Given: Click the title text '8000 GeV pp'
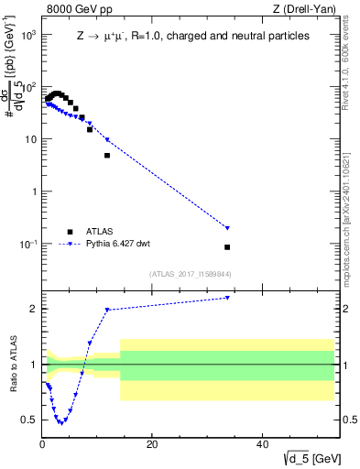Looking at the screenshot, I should (x=74, y=10).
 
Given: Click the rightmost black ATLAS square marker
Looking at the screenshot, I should (x=227, y=247).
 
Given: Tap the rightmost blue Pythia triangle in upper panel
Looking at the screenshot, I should (x=227, y=228).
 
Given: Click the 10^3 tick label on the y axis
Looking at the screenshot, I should (x=27, y=34).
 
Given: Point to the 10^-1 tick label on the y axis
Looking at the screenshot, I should (x=27, y=245).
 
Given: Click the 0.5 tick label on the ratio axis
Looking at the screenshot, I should (x=30, y=420).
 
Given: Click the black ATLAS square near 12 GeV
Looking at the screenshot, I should (x=107, y=156).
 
